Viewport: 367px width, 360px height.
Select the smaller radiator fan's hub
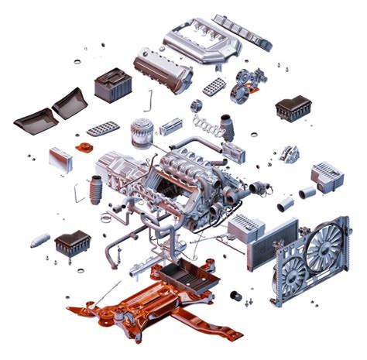tap(291, 272)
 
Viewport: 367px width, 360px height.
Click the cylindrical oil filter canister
tap(140, 132)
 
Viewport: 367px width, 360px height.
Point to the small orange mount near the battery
tap(82, 146)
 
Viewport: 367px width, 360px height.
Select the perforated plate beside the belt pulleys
tap(214, 86)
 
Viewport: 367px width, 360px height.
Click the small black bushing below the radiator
tap(236, 296)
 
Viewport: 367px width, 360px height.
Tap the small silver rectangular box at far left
tap(60, 159)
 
